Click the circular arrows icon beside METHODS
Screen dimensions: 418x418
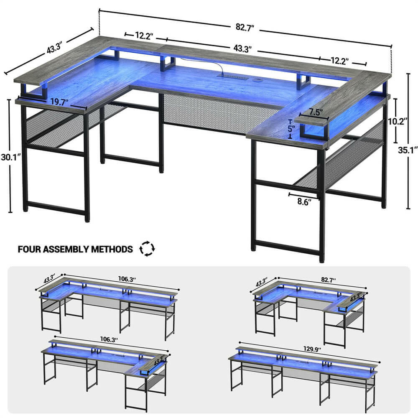click(147, 249)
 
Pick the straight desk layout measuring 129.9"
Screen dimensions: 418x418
click(303, 376)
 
